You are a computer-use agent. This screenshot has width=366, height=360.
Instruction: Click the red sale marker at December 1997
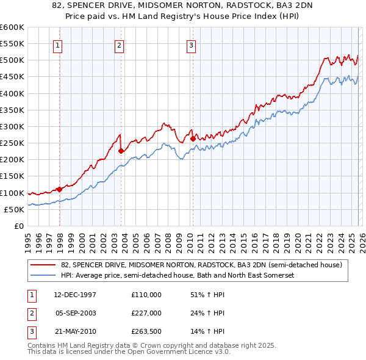click(x=59, y=189)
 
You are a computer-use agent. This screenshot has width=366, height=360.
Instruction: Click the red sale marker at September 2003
click(x=121, y=151)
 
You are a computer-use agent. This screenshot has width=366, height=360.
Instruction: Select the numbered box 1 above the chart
click(x=57, y=45)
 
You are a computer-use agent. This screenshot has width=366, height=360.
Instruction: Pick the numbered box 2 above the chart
click(x=119, y=45)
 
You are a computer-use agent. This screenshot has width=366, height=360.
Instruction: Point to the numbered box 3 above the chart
click(x=191, y=45)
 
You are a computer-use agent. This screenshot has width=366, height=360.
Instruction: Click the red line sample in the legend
click(x=44, y=265)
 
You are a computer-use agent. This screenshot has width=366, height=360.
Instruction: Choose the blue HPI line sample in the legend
click(x=44, y=276)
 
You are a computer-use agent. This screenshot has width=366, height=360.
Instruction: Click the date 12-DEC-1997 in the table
click(x=75, y=295)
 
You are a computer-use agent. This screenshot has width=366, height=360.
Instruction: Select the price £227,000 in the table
click(x=146, y=313)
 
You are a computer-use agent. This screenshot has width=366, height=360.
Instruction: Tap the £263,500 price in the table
click(x=146, y=331)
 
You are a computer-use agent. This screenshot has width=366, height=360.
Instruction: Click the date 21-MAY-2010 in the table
click(x=75, y=331)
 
